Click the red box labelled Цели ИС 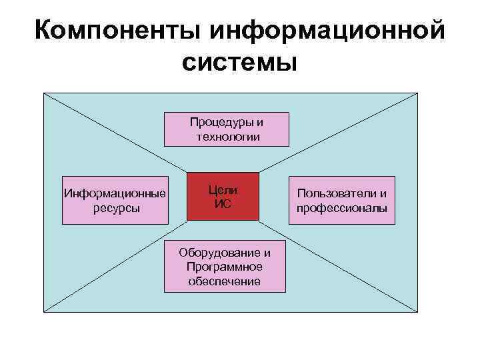(x=223, y=197)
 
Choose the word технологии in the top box (x=227, y=137)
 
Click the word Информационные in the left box (x=114, y=194)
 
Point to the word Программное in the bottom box (x=225, y=267)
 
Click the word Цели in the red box (x=223, y=190)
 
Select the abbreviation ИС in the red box (x=223, y=204)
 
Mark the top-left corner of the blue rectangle (x=44, y=93)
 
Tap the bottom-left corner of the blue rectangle (x=44, y=313)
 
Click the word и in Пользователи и (x=383, y=194)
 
